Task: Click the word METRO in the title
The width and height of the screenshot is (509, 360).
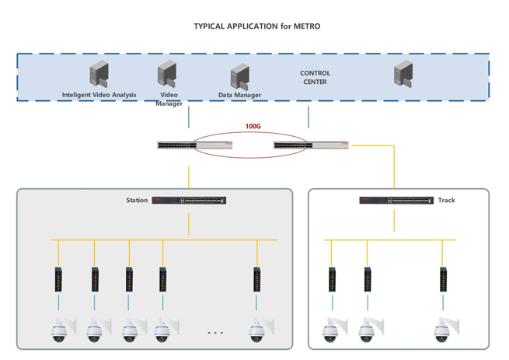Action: click(306, 26)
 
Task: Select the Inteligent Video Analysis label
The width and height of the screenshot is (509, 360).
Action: click(99, 95)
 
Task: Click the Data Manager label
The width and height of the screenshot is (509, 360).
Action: click(239, 96)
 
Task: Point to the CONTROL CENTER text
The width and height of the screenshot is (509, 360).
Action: click(314, 77)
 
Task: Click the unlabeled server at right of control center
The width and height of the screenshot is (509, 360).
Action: click(403, 74)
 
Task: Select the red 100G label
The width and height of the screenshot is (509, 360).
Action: click(253, 125)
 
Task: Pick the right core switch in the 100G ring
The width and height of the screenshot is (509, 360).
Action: click(312, 145)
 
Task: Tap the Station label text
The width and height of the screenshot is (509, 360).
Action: click(137, 201)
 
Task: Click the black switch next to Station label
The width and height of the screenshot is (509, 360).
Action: click(189, 201)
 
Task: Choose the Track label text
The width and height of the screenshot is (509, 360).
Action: click(447, 201)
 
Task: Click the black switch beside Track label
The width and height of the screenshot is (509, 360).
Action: click(396, 201)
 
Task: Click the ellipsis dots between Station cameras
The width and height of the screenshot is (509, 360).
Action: click(215, 333)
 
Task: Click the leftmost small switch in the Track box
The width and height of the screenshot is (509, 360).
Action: click(331, 278)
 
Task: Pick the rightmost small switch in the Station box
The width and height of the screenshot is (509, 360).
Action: click(256, 278)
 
